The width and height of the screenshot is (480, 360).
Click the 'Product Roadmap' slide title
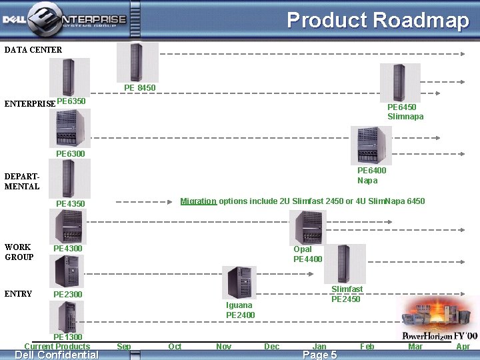(378, 20)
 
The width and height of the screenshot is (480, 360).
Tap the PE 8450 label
(139, 88)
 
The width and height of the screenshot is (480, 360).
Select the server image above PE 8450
(137, 62)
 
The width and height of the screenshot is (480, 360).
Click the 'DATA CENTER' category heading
(33, 50)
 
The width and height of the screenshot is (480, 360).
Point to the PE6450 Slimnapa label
(405, 112)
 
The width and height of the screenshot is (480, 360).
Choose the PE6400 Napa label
(371, 175)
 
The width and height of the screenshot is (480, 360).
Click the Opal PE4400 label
(307, 254)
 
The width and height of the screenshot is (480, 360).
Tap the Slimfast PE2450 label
(347, 294)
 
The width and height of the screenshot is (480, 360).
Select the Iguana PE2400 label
(240, 310)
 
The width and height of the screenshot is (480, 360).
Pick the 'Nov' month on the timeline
(224, 347)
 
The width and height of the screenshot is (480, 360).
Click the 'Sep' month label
(124, 347)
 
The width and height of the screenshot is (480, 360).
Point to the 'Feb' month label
(367, 347)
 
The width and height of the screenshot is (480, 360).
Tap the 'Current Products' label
(57, 347)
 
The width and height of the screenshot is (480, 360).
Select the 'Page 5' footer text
(320, 355)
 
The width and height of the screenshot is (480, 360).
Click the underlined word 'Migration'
(198, 201)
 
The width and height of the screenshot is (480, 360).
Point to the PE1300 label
(67, 338)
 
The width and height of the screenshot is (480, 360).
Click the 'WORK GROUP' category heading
(19, 252)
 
